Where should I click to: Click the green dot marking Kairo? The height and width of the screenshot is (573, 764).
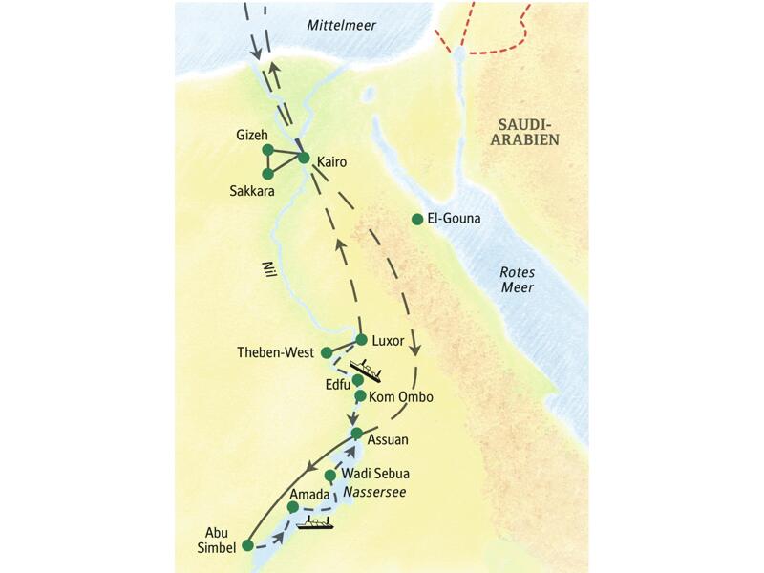coord(304,158)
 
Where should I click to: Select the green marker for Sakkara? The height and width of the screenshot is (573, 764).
coord(267,174)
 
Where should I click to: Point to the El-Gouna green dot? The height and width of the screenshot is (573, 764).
coord(416,219)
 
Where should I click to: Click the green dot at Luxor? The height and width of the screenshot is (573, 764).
coord(362,339)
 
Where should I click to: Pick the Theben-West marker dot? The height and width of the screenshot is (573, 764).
coord(327,352)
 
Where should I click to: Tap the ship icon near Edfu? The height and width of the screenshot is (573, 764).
coord(365,369)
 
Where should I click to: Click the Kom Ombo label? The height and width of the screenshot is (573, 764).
coord(401,396)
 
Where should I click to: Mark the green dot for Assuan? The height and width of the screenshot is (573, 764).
coord(357,434)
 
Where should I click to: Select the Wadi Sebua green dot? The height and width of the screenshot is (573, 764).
coord(330,475)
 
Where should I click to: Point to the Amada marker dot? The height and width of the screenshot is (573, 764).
coord(293,507)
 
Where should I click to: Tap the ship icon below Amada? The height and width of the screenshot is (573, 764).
coord(314,522)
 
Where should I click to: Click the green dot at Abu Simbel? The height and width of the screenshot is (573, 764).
coord(247,545)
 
